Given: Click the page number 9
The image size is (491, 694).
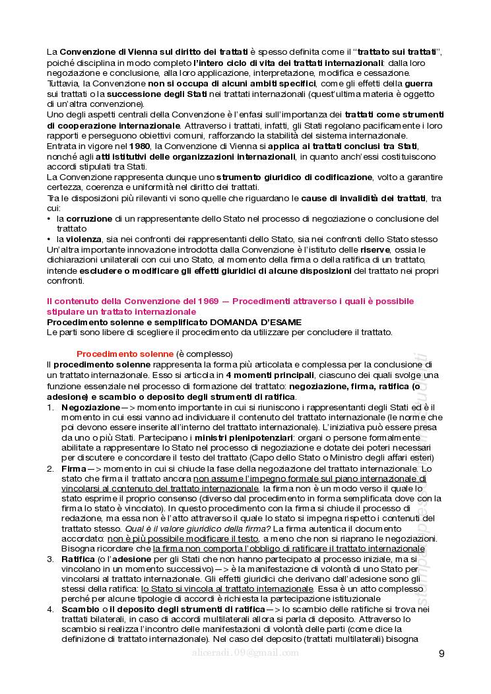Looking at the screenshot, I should pos(441,654).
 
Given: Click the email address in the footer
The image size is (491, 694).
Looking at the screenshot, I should pos(243,652).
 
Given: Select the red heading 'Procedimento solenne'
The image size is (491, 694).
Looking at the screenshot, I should pos(125,354).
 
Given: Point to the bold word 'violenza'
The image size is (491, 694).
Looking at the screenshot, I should pos(83,239).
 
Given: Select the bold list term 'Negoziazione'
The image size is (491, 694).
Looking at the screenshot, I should pos(91,408).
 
